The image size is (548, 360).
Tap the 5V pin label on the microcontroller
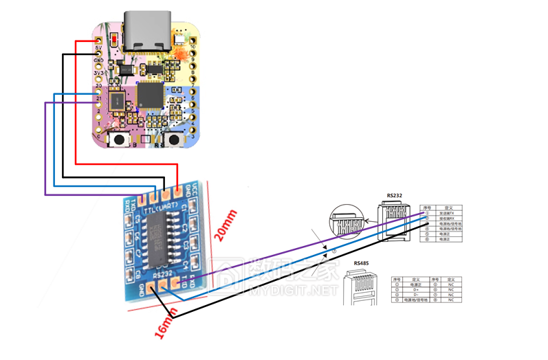(x=98, y=47)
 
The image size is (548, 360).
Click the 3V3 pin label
(x=99, y=72)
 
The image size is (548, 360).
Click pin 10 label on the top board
(x=193, y=47)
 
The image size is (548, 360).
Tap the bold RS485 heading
(x=364, y=263)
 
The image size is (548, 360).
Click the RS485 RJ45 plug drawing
(x=363, y=288)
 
